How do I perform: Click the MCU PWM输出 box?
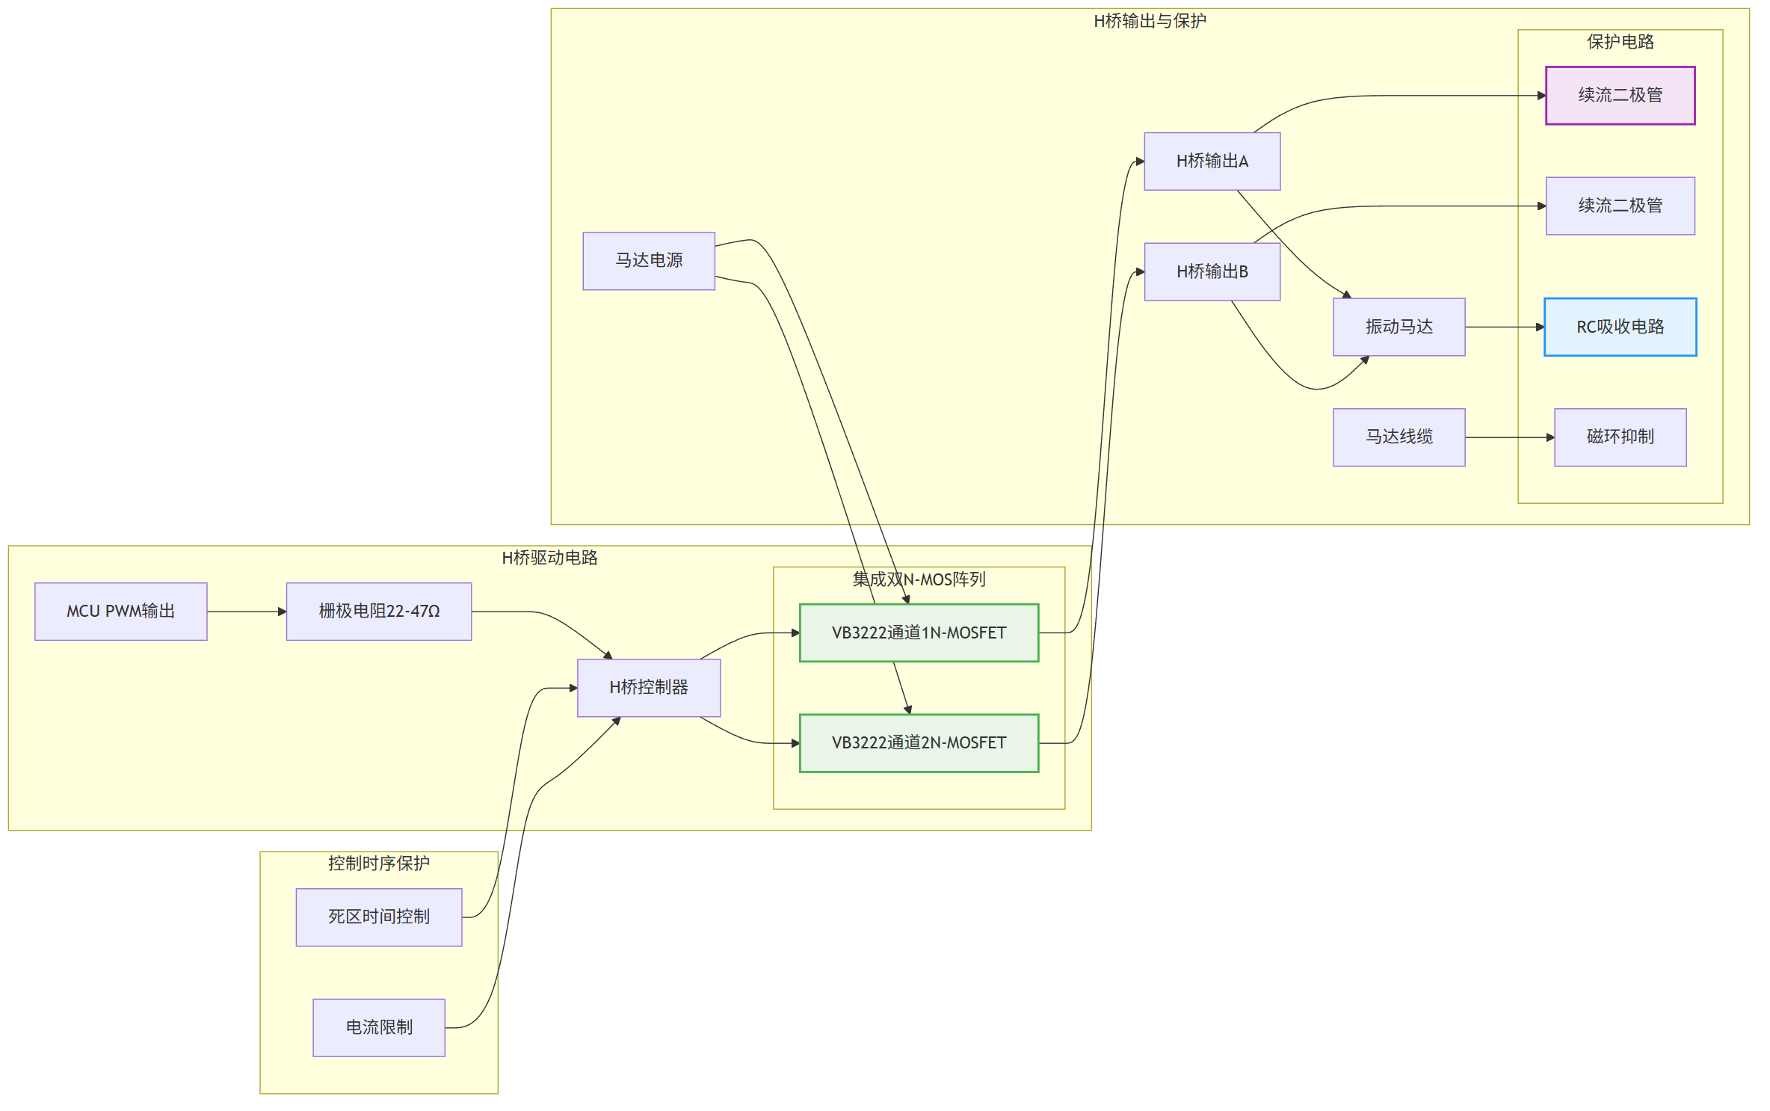[x=121, y=612]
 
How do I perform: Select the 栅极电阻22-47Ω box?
[x=379, y=612]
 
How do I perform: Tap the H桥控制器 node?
[x=649, y=688]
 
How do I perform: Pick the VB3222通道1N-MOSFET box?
[x=919, y=633]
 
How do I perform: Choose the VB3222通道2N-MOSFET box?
[x=919, y=743]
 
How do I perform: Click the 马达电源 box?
[x=649, y=261]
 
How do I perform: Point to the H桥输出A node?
[x=1212, y=161]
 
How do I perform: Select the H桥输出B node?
[x=1212, y=271]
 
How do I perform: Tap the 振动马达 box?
[x=1399, y=327]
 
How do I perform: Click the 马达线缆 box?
[x=1399, y=437]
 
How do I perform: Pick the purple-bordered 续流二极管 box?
[x=1621, y=96]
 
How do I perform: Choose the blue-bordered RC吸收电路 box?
[x=1621, y=327]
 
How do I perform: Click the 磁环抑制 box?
[x=1621, y=437]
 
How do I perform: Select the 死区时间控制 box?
[x=379, y=917]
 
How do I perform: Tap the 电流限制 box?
[x=379, y=1027]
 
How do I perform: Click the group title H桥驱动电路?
[x=549, y=558]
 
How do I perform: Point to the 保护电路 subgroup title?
[x=1621, y=42]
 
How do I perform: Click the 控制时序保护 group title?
[x=379, y=864]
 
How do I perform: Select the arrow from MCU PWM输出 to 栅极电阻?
[x=247, y=612]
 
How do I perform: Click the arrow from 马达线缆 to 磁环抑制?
[x=1510, y=437]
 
